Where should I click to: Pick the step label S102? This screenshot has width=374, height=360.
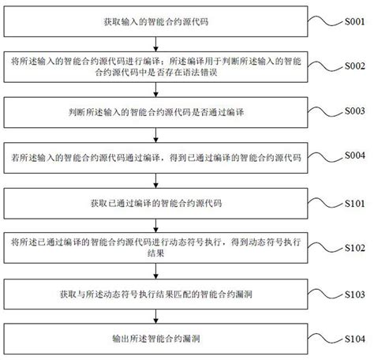pos(353,247)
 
